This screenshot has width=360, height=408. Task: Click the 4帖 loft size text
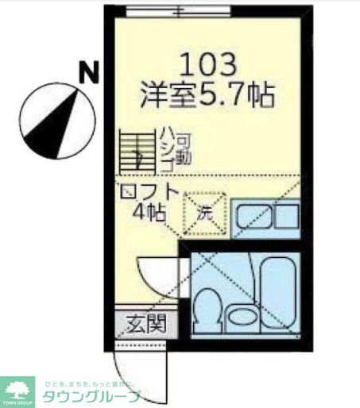(x=150, y=214)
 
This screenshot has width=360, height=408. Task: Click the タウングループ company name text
(x=92, y=396)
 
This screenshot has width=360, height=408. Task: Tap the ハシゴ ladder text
(x=166, y=150)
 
